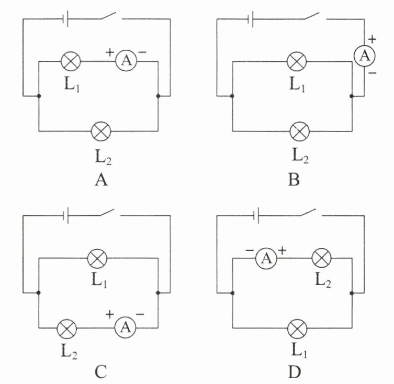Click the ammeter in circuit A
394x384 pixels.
pos(125,62)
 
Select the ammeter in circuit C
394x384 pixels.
pos(125,328)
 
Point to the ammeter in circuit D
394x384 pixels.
pos(266,258)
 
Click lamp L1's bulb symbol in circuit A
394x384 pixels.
pos(71,62)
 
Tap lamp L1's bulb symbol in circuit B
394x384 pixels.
pos(297,62)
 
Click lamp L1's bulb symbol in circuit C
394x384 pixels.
pos(97,258)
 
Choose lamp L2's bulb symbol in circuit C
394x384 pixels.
pos(66,328)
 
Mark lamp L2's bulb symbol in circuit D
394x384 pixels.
pos(321,258)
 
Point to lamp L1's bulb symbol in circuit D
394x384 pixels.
pos(298,328)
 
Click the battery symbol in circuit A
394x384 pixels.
pos(65,20)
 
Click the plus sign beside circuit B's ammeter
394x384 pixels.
pos(372,39)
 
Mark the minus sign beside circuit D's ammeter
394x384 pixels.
pos(250,251)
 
